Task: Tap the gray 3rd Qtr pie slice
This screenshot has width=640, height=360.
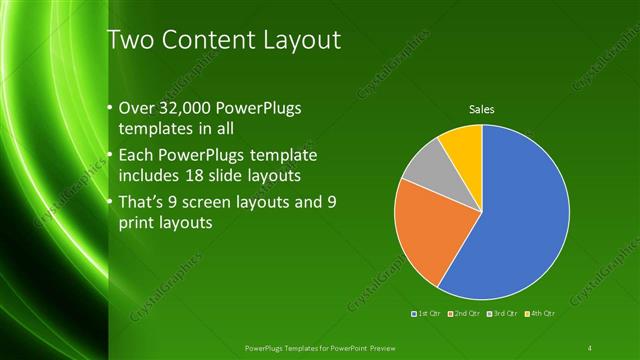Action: point(425,170)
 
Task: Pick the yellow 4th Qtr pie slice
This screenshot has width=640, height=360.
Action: point(463,145)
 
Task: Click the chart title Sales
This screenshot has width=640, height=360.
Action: point(482,109)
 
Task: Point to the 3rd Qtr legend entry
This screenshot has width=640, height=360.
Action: point(501,313)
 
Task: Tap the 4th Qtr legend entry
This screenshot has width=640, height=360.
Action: point(537,313)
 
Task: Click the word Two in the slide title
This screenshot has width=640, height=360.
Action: point(129,41)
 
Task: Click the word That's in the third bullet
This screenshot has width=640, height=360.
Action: point(145,202)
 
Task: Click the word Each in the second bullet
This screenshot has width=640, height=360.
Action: point(137,156)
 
